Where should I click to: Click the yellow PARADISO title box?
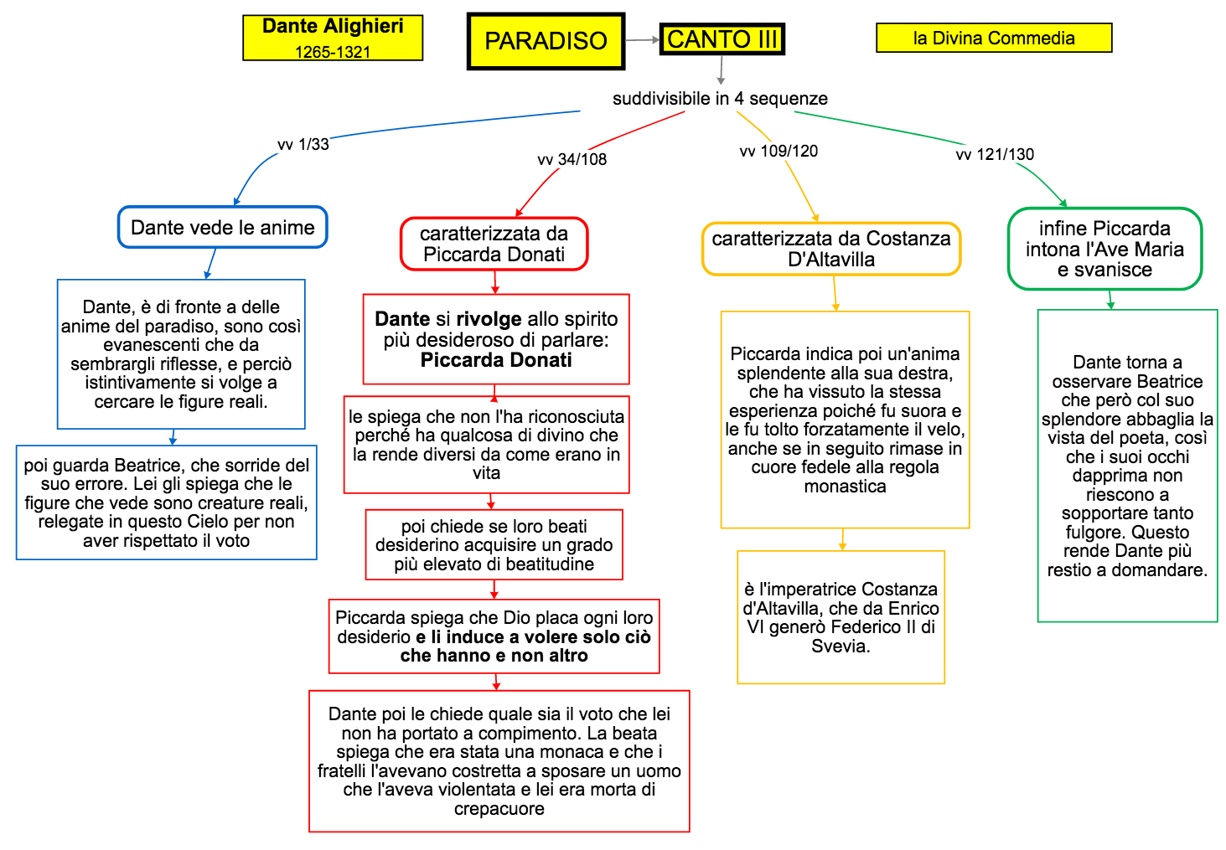pos(546,41)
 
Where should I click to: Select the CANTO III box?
pos(722,39)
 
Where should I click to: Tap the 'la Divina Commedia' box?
pos(994,38)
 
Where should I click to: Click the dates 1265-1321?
pos(333,52)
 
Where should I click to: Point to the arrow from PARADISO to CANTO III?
pos(643,39)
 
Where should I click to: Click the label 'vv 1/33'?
pos(303,144)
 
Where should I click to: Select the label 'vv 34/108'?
pos(572,159)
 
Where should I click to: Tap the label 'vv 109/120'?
pos(779,151)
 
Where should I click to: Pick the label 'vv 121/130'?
pos(995,154)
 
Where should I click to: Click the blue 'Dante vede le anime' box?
pos(223,228)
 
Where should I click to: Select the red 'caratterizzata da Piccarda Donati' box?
pos(494,244)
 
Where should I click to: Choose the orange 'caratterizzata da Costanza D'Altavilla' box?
pos(831,249)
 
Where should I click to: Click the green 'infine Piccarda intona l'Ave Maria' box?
pos(1104,249)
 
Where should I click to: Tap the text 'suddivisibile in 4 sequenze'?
pos(720,99)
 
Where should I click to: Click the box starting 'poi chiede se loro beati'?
pos(494,544)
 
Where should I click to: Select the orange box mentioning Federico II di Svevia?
pos(841,617)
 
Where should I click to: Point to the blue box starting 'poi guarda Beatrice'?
pos(167,502)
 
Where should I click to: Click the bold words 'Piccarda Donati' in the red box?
pos(496,360)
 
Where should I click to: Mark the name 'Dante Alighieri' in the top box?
pos(333,26)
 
